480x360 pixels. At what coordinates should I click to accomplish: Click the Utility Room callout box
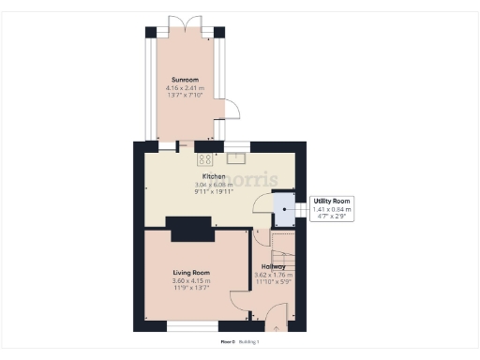[x=332, y=208]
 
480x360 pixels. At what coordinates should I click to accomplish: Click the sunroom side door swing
[x=232, y=111]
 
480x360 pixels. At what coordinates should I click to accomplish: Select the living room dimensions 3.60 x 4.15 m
[x=190, y=280]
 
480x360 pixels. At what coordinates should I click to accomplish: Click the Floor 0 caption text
[x=228, y=342]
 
